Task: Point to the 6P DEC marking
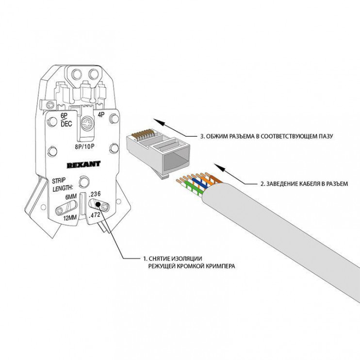(x=66, y=119)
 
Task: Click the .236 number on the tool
(x=95, y=194)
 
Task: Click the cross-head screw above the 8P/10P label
(x=88, y=124)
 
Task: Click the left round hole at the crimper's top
(x=77, y=74)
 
